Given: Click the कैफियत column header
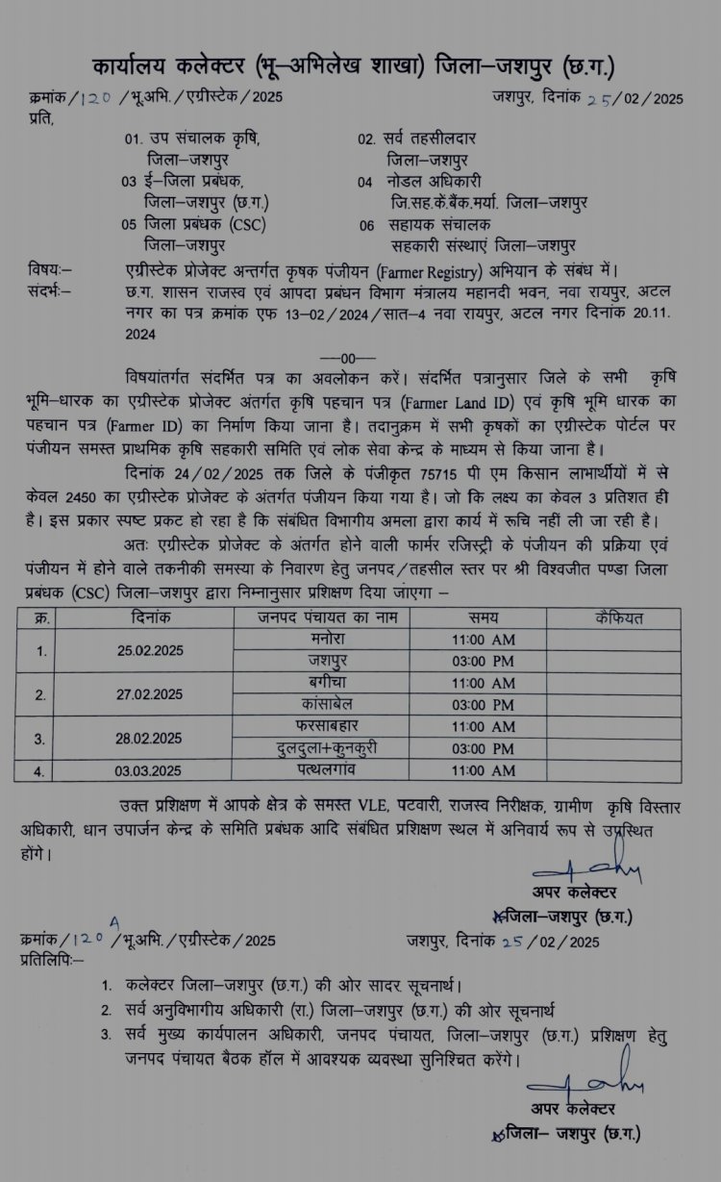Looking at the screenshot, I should click(619, 616).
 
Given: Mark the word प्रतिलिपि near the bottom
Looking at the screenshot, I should click(50, 959).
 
